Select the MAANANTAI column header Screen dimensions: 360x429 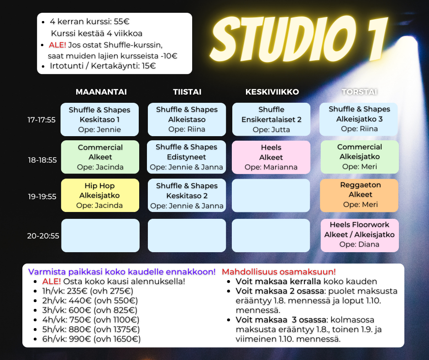click(x=101, y=92)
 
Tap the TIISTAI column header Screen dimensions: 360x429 click(x=187, y=92)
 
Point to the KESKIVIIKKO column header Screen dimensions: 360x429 click(x=272, y=92)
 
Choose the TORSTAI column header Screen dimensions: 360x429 click(x=359, y=92)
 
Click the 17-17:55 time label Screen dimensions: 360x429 click(x=42, y=120)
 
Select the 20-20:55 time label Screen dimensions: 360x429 click(x=43, y=236)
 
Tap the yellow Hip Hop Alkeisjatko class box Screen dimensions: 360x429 click(x=100, y=196)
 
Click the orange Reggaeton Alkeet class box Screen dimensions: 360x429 click(x=360, y=195)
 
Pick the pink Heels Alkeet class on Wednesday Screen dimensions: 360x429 click(x=271, y=157)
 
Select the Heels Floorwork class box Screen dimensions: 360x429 click(x=360, y=235)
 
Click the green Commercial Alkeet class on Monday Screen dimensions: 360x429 click(x=100, y=157)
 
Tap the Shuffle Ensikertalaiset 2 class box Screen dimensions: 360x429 click(x=271, y=119)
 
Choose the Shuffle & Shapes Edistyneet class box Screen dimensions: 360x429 click(x=187, y=157)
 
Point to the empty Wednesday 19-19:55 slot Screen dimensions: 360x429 click(x=271, y=196)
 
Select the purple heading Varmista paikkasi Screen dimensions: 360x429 click(x=121, y=271)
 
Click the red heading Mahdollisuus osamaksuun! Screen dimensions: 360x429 click(x=278, y=271)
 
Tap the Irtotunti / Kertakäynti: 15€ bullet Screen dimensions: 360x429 click(x=103, y=66)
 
